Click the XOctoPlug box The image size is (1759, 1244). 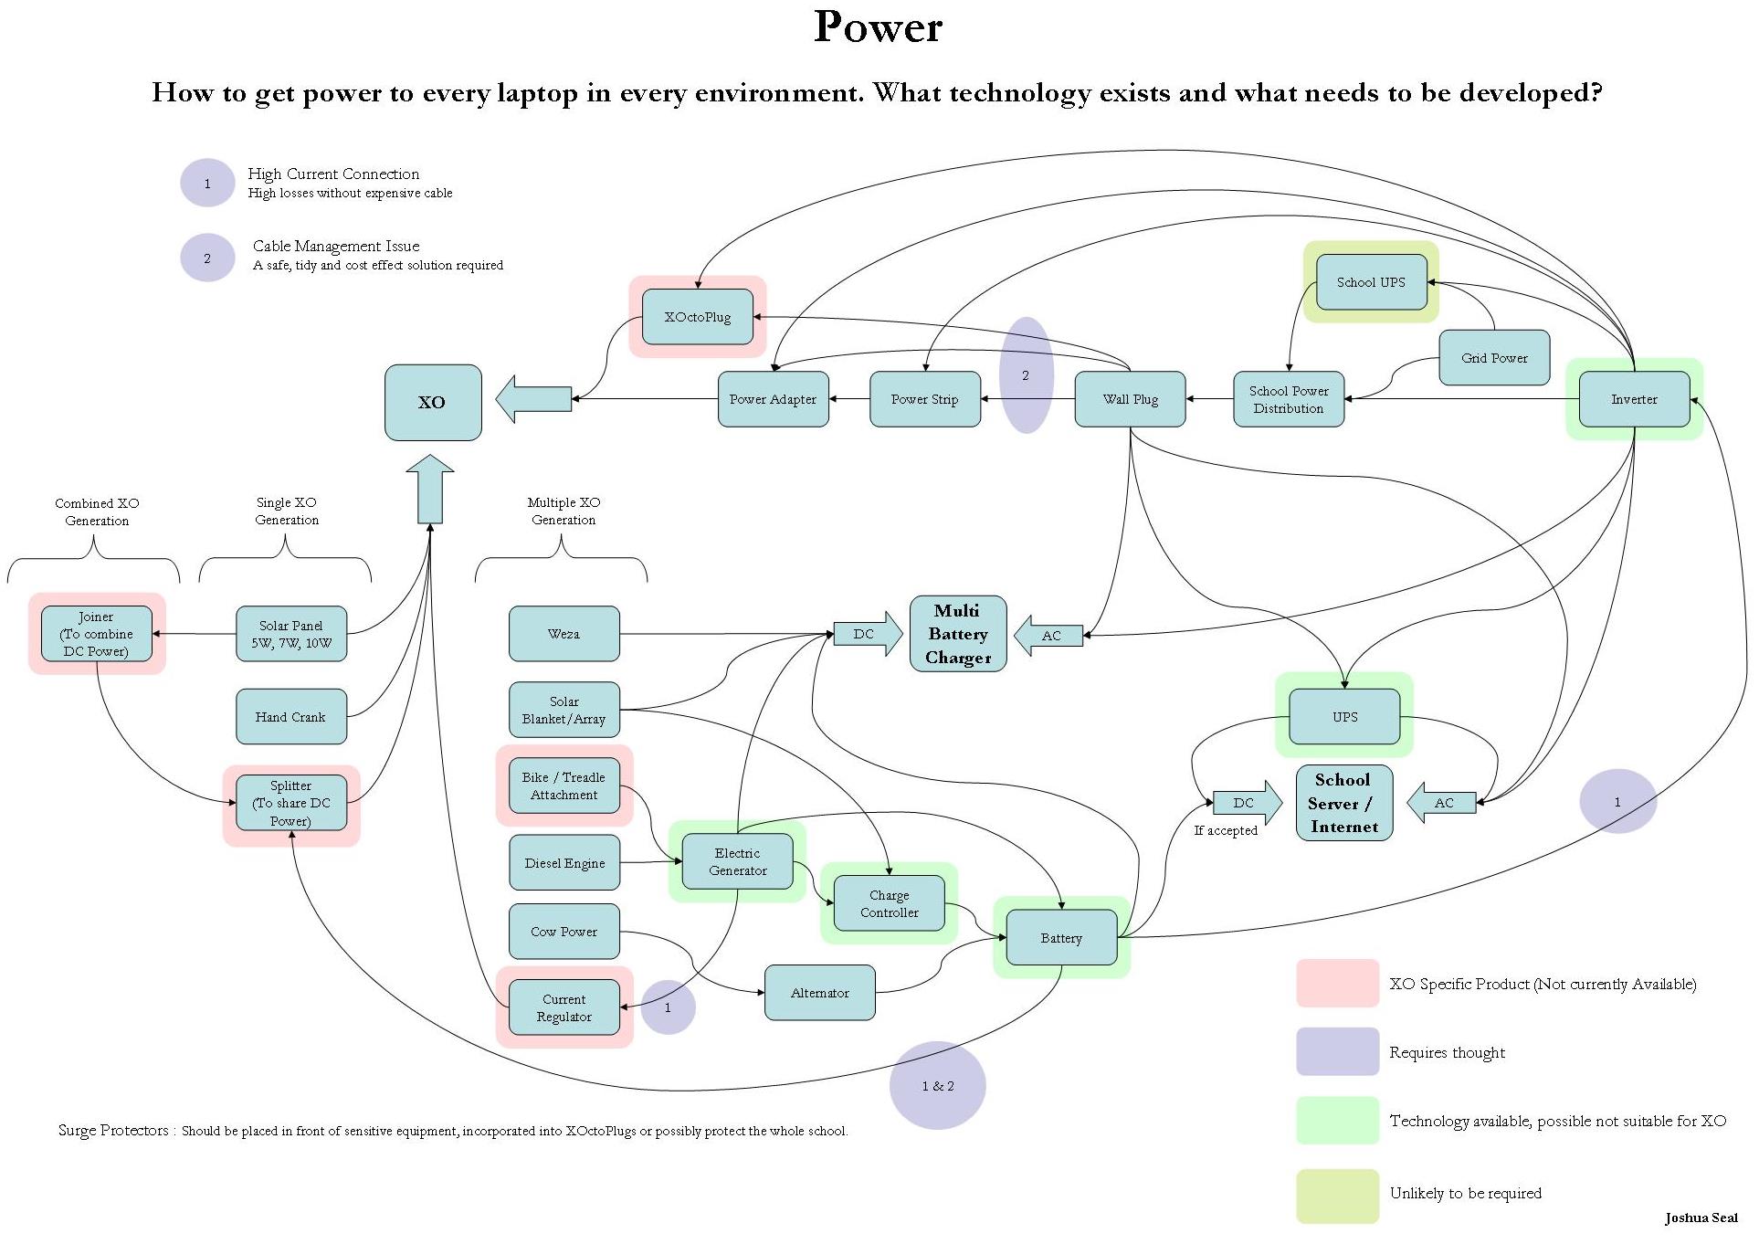pos(698,317)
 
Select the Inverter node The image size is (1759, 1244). pos(1634,399)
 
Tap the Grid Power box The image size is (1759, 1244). pos(1494,358)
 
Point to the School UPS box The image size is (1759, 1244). pos(1371,282)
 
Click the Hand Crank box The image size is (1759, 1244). pos(290,717)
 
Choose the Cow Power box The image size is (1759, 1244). pos(564,932)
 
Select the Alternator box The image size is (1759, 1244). pos(819,993)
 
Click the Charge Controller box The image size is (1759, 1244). pos(889,903)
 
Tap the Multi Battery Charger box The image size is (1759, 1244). pos(957,634)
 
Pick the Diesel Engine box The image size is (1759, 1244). pos(564,863)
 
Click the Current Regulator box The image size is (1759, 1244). pos(564,1007)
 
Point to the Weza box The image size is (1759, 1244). pos(564,634)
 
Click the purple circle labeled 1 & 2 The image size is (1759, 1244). pos(937,1086)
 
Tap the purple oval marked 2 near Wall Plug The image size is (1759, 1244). pos(1026,375)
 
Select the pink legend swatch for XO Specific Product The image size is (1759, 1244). pos(1337,984)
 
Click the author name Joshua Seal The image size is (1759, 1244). pos(1701,1218)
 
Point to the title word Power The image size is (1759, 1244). pos(878,26)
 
